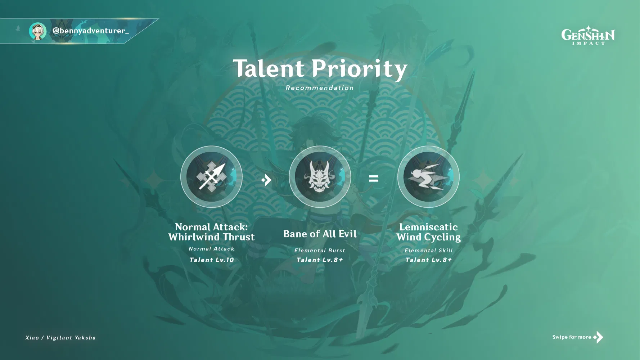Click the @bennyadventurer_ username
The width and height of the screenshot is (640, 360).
(x=91, y=31)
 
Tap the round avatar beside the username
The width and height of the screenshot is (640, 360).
(x=38, y=31)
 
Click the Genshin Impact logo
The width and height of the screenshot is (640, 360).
(x=588, y=35)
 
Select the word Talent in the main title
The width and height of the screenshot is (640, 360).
(x=269, y=68)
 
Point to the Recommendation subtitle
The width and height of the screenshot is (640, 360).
(x=320, y=88)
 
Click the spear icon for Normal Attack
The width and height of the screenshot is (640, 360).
(x=211, y=177)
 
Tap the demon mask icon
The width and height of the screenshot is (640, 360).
(x=320, y=177)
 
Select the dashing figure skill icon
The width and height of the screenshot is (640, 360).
(x=428, y=177)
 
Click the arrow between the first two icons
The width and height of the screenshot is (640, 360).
(x=266, y=180)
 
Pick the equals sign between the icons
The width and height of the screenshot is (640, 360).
(x=374, y=178)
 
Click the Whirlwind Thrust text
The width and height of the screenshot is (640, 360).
(x=211, y=237)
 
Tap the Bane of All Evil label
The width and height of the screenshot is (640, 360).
(x=320, y=234)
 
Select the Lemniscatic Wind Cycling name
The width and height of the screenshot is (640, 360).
(x=428, y=232)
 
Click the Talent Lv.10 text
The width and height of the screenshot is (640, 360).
(x=212, y=260)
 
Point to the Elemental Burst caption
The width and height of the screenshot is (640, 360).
(x=320, y=251)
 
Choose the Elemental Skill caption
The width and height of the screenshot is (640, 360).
(x=428, y=251)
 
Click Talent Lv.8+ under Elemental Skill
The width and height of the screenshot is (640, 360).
(x=428, y=260)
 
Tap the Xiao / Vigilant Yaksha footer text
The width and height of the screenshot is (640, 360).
(x=60, y=338)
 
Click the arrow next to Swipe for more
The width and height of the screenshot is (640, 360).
(x=598, y=337)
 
